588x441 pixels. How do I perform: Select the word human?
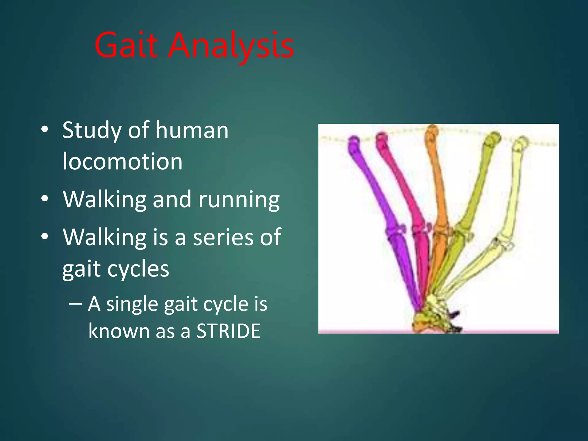point(192,131)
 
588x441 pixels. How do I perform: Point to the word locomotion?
point(122,162)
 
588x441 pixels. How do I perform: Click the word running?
point(239,200)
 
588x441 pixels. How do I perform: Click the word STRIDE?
point(228,331)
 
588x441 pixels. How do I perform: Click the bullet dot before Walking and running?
point(45,198)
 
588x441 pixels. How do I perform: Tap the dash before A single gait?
point(76,303)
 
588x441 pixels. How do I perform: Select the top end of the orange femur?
point(432,131)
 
